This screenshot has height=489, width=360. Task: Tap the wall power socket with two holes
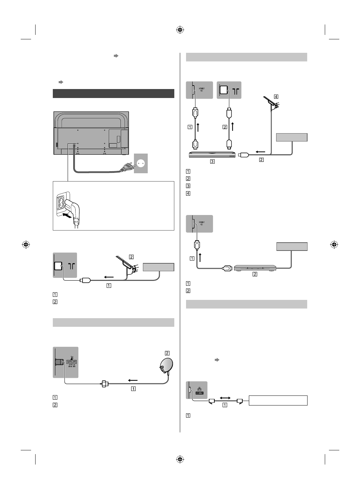point(140,163)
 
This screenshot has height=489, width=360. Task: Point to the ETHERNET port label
point(200,393)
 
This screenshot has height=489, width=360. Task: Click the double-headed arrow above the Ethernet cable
point(225,398)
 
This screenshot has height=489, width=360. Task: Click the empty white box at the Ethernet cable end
point(278,401)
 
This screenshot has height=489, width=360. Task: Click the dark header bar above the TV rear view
point(114,94)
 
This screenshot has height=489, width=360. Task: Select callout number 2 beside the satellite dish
point(167,353)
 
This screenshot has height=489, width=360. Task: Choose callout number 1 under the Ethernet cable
point(225,405)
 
